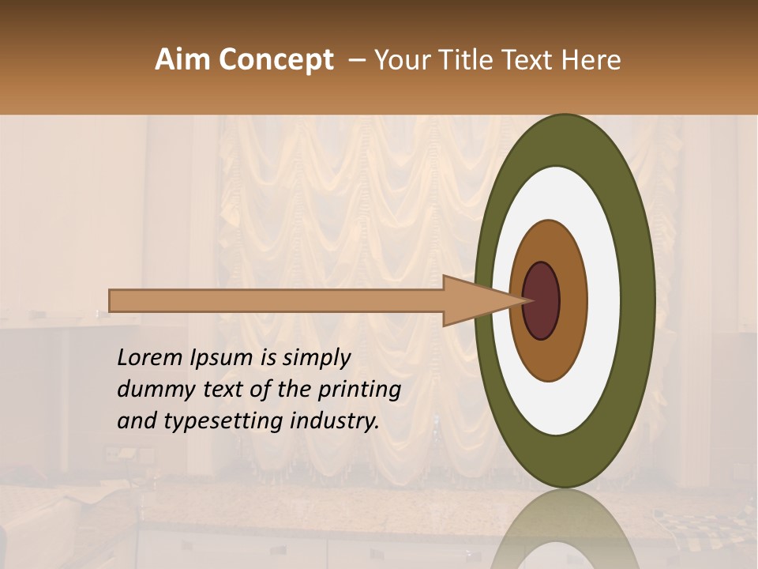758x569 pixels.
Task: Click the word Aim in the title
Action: (181, 60)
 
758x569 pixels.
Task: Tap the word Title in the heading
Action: (475, 60)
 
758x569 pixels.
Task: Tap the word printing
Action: (359, 390)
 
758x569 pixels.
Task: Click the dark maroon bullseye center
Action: (541, 301)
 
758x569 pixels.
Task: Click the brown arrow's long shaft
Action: (276, 301)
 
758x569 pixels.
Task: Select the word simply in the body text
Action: (317, 358)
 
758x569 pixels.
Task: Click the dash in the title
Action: (356, 60)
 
